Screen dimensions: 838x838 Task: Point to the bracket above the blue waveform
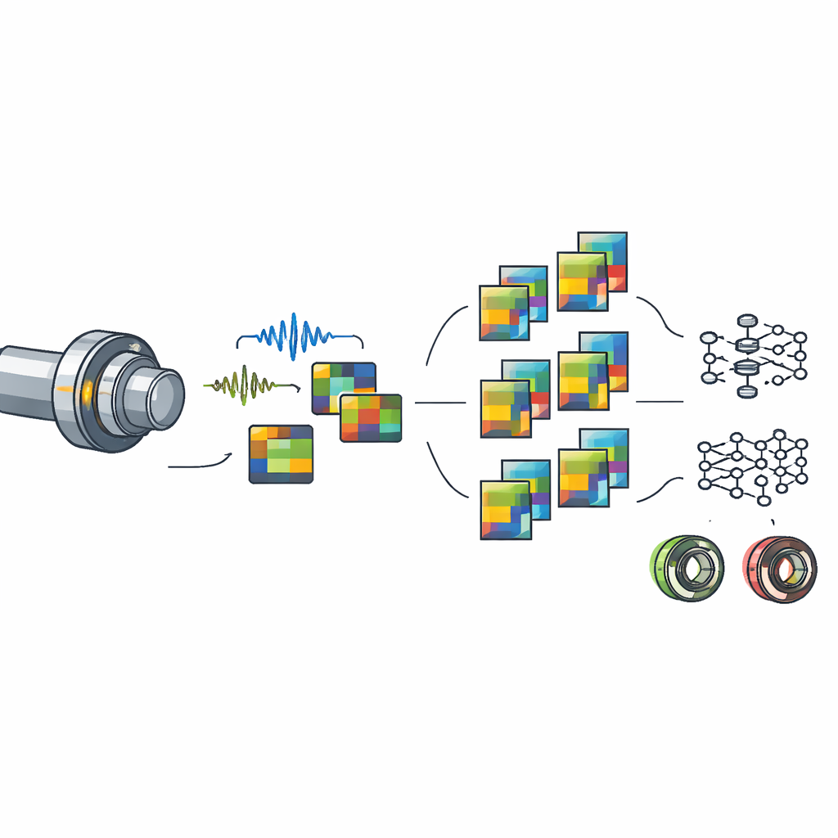299,337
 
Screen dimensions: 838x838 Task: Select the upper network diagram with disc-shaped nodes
753,355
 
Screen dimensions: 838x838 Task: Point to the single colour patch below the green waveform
281,453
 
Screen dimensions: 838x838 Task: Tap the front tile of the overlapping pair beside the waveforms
371,417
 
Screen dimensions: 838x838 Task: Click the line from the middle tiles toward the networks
659,402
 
